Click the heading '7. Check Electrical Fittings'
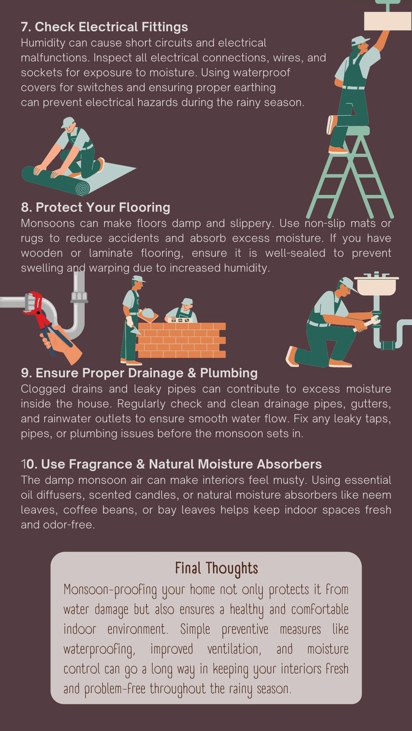(x=104, y=27)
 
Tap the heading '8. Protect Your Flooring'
(x=95, y=207)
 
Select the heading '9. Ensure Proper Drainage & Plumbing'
(x=139, y=373)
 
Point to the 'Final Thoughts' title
(x=216, y=568)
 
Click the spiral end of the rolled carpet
(x=82, y=188)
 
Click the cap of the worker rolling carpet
(x=68, y=122)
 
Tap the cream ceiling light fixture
(x=387, y=21)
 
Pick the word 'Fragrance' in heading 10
(x=101, y=464)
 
